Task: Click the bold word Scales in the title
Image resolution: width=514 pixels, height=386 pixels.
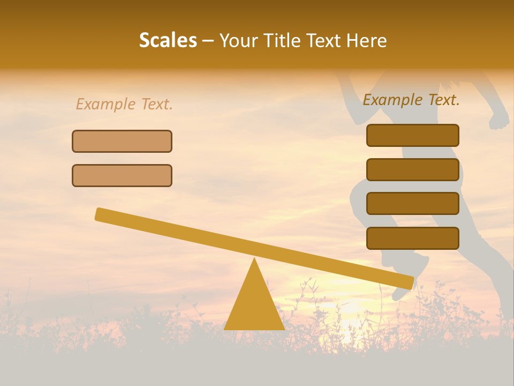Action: point(168,40)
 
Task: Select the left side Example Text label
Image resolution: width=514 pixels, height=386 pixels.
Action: point(124,104)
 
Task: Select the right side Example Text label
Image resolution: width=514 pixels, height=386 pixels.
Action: point(411,100)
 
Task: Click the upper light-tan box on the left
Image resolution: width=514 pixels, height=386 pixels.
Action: point(122,141)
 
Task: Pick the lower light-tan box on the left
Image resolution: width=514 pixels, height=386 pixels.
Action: point(122,175)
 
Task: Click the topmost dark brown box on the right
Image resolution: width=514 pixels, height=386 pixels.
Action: point(413,135)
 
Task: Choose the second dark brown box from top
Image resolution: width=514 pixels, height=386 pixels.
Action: point(413,169)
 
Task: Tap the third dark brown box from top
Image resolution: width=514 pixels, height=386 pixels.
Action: point(413,204)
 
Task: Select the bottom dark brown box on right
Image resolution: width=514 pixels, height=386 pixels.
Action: point(413,238)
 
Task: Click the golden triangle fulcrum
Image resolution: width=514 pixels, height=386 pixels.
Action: point(254,306)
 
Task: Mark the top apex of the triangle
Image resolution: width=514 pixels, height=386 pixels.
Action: point(254,259)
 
